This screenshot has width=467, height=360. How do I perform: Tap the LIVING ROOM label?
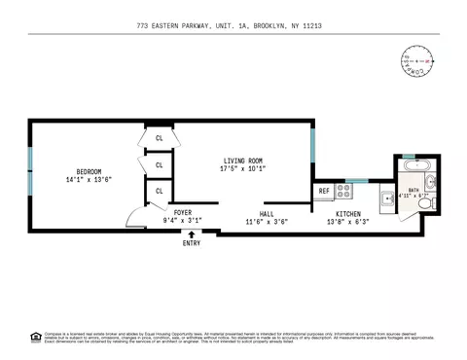(x=242, y=161)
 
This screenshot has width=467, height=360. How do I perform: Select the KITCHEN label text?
(x=349, y=213)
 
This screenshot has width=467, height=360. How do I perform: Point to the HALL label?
(x=267, y=213)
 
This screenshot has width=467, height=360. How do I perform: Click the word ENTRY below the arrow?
(x=192, y=242)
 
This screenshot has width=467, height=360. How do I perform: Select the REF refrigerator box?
(x=323, y=191)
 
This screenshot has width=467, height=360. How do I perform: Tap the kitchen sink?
(x=387, y=198)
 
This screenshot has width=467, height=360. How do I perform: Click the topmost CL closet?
(x=159, y=138)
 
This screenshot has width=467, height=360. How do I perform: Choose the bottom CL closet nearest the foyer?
(x=159, y=191)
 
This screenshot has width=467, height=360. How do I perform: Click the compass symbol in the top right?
(x=414, y=61)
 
